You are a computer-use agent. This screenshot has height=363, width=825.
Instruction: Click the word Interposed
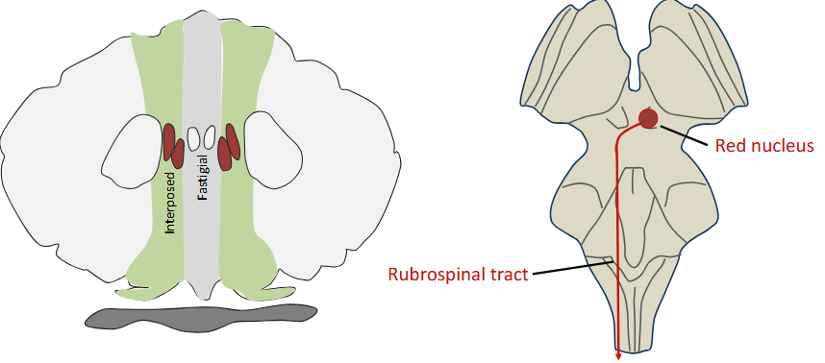pos(170,203)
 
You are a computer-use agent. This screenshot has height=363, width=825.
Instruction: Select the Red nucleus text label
pos(764,146)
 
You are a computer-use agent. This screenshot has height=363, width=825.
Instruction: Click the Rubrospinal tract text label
pos(459,275)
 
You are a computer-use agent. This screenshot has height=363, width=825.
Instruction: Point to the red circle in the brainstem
pos(649,118)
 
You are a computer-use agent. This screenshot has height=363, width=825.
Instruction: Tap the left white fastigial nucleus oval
pos(193,137)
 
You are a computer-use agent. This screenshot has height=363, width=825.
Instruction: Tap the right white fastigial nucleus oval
pos(209,137)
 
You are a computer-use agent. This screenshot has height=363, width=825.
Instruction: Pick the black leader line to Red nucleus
pos(686,133)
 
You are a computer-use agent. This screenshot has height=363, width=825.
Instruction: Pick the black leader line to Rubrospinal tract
pos(572,267)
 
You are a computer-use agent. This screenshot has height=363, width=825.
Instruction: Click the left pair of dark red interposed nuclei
pos(173,144)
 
